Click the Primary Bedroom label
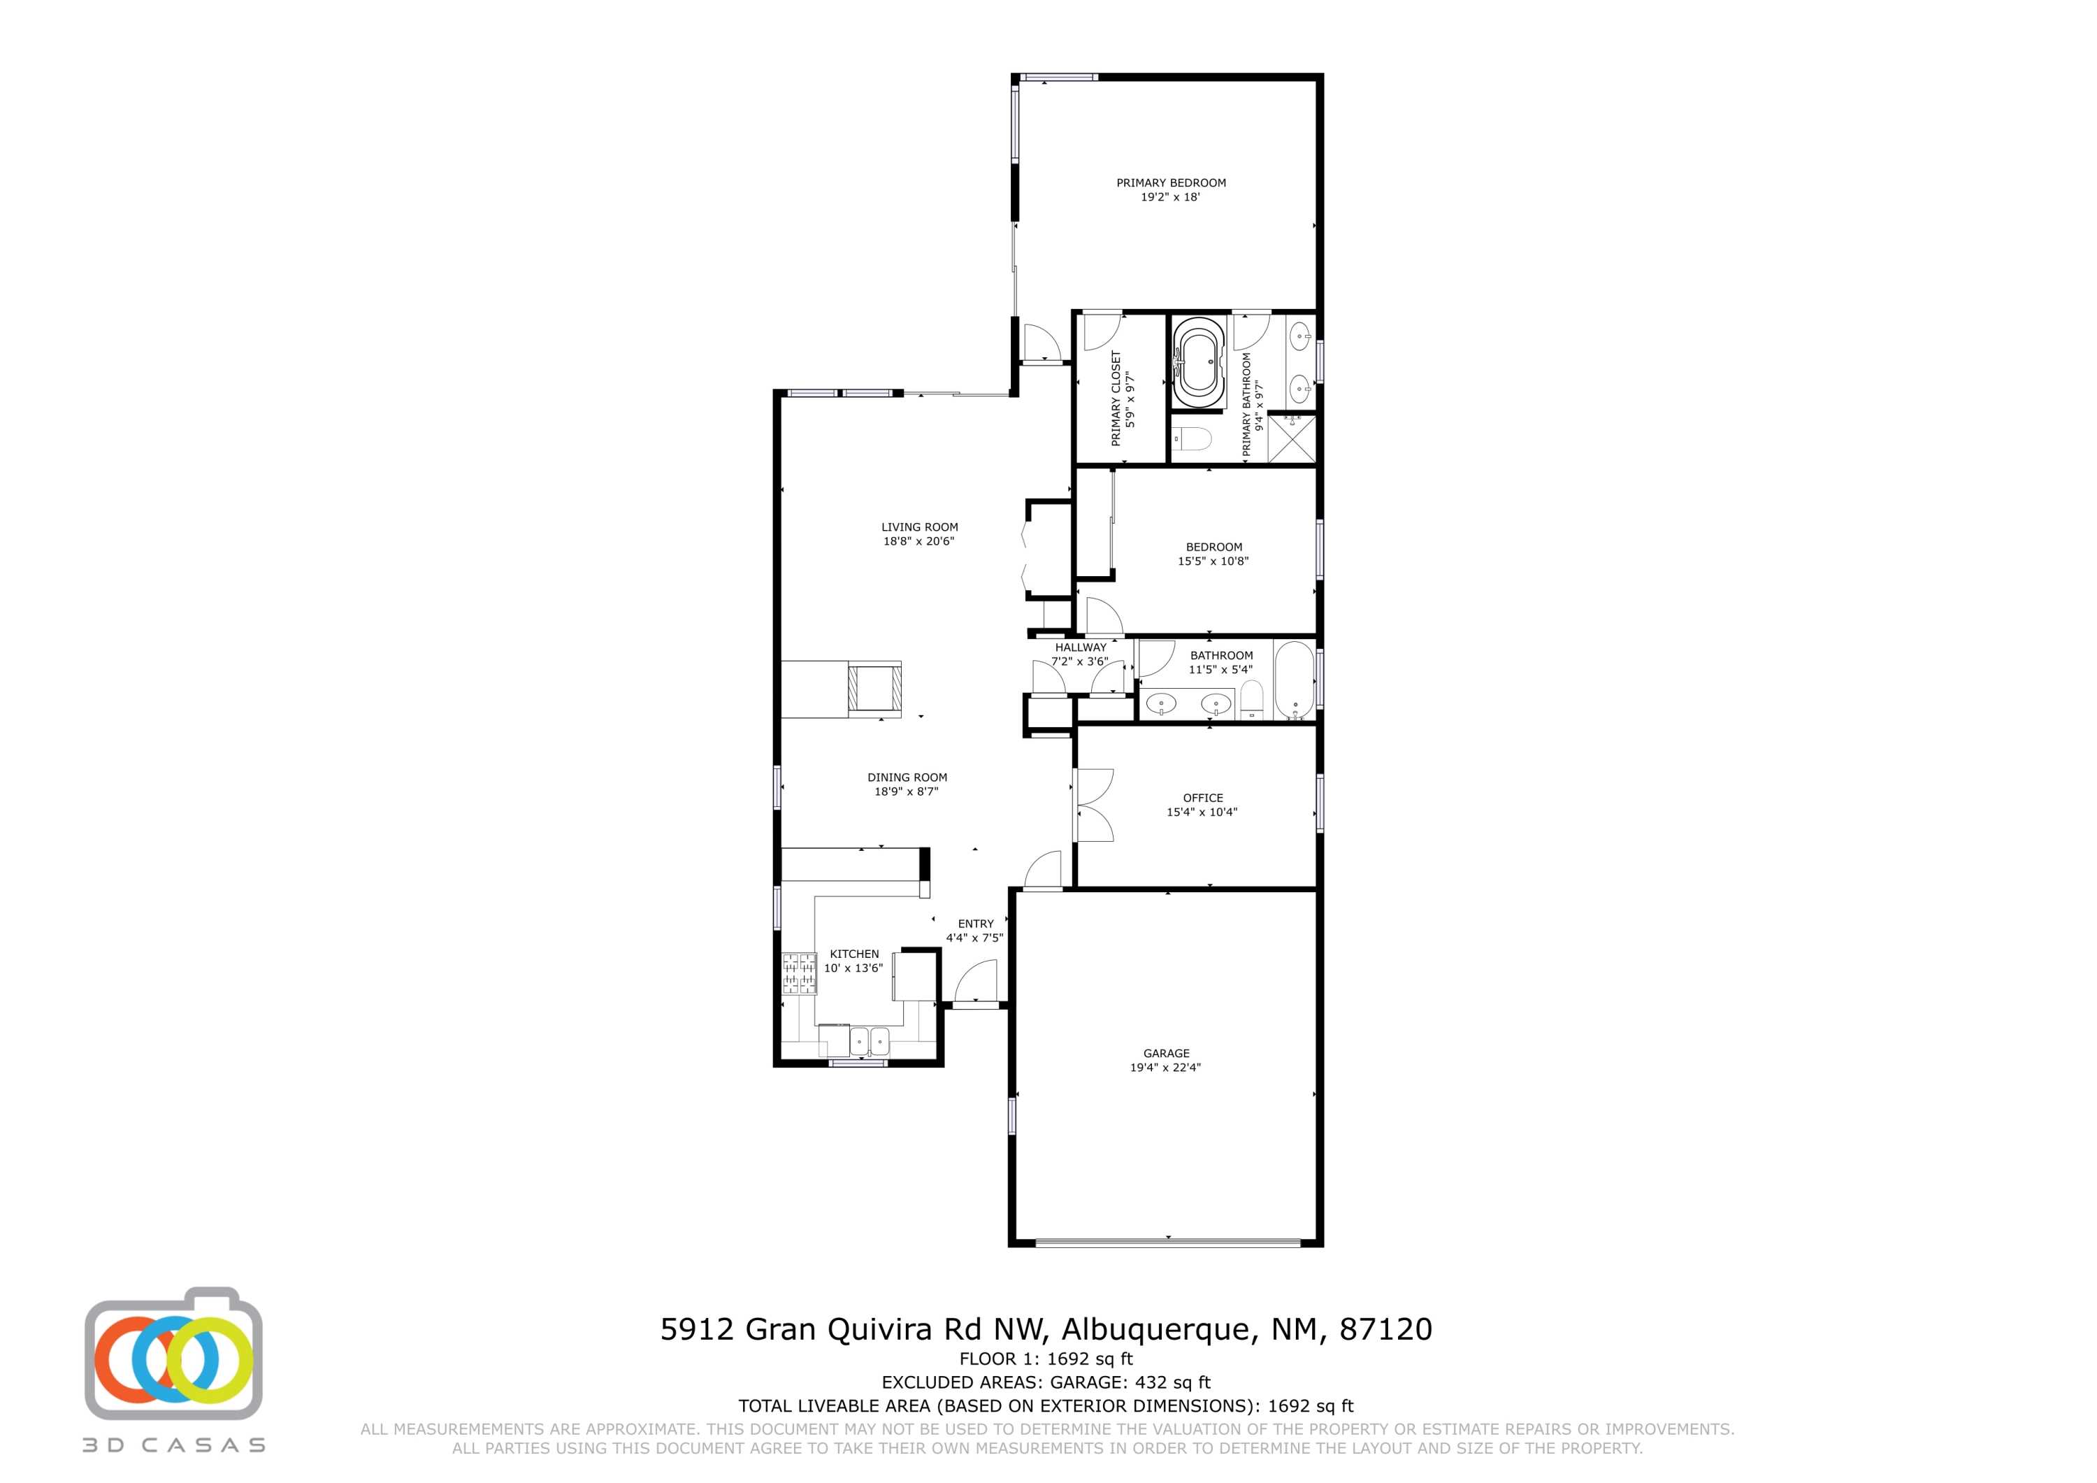click(x=1170, y=182)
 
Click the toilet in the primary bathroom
click(x=1192, y=440)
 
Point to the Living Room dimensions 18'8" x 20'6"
click(x=918, y=541)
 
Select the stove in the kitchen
click(x=798, y=973)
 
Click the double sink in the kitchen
click(x=869, y=1040)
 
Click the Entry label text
click(x=975, y=924)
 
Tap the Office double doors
click(x=1093, y=805)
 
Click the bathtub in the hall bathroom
click(x=1293, y=681)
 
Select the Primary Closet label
click(x=1115, y=399)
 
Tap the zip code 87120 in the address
click(x=1385, y=1328)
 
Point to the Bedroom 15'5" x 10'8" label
click(x=1213, y=554)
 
